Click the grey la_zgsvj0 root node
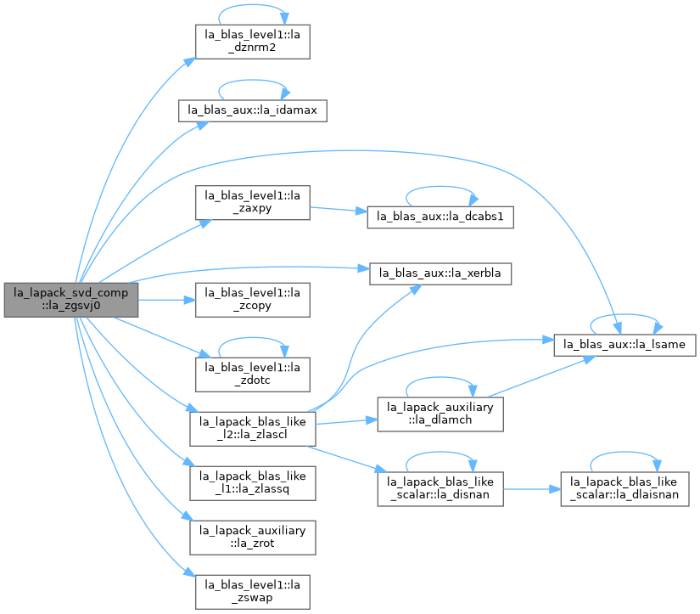coord(71,300)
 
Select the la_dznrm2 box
coord(253,42)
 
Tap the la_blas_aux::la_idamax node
coord(253,110)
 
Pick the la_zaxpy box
coord(253,202)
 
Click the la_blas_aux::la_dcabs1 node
coord(440,217)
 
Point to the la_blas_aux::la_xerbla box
coord(440,273)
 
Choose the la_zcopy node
coord(253,300)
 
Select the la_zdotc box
coord(253,375)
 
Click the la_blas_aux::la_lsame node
coord(624,345)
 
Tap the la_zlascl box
coord(253,429)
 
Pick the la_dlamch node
coord(440,414)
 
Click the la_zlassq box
coord(253,483)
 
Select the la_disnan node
coord(440,489)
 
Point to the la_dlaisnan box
coord(624,489)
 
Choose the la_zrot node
coord(253,538)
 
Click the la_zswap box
coord(253,592)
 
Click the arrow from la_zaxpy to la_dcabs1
coord(339,209)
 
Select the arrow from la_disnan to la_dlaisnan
coord(532,489)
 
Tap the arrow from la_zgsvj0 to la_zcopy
coord(167,300)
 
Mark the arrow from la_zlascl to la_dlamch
coord(347,421)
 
